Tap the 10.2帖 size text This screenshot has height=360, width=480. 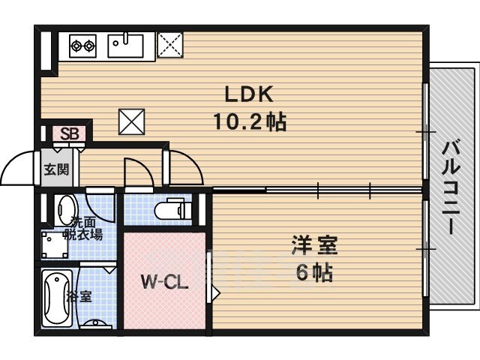pos(250,121)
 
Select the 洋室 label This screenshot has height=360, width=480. pos(314,245)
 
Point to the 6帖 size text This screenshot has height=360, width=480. pos(314,272)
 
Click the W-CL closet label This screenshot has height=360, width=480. pos(164,282)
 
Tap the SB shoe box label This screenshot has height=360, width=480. pos(70,133)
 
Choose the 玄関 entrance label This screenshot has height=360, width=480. pos(57,169)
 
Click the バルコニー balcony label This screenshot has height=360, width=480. pos(451,187)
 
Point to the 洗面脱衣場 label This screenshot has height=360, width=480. pos(82,228)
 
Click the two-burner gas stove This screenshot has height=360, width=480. pos(82,46)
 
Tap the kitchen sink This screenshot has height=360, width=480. pos(125,45)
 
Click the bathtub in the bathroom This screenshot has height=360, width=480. pos(57,298)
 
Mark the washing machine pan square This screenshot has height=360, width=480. pos(55,245)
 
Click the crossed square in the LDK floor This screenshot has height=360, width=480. pos(132,121)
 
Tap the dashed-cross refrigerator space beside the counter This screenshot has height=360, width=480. pos(170,45)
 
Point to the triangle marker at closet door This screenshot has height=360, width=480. pos(216,293)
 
